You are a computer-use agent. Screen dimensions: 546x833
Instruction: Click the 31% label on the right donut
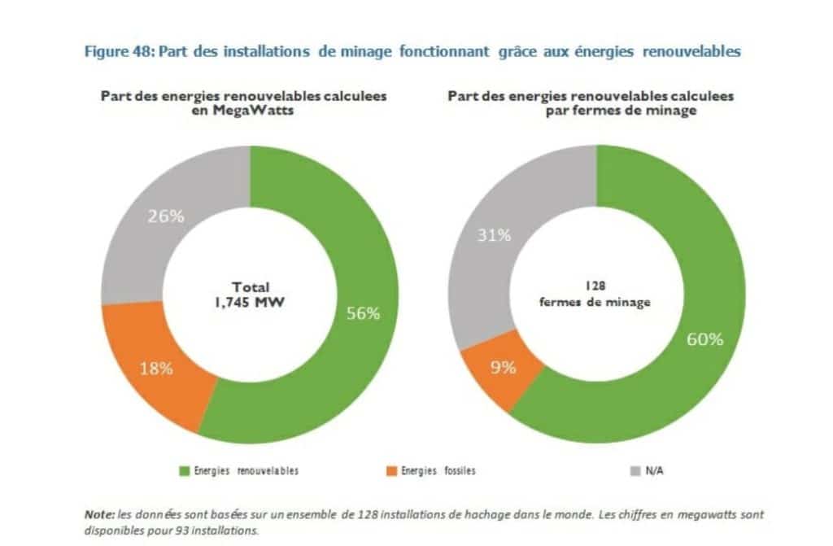point(495,235)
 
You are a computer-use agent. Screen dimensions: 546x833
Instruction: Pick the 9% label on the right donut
point(504,367)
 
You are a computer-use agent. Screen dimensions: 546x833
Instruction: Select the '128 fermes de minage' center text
point(595,295)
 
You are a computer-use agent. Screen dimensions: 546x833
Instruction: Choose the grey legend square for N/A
point(636,470)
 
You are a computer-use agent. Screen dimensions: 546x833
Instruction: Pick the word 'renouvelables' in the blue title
point(691,51)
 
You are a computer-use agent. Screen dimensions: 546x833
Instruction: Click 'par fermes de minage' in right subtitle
point(621,111)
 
